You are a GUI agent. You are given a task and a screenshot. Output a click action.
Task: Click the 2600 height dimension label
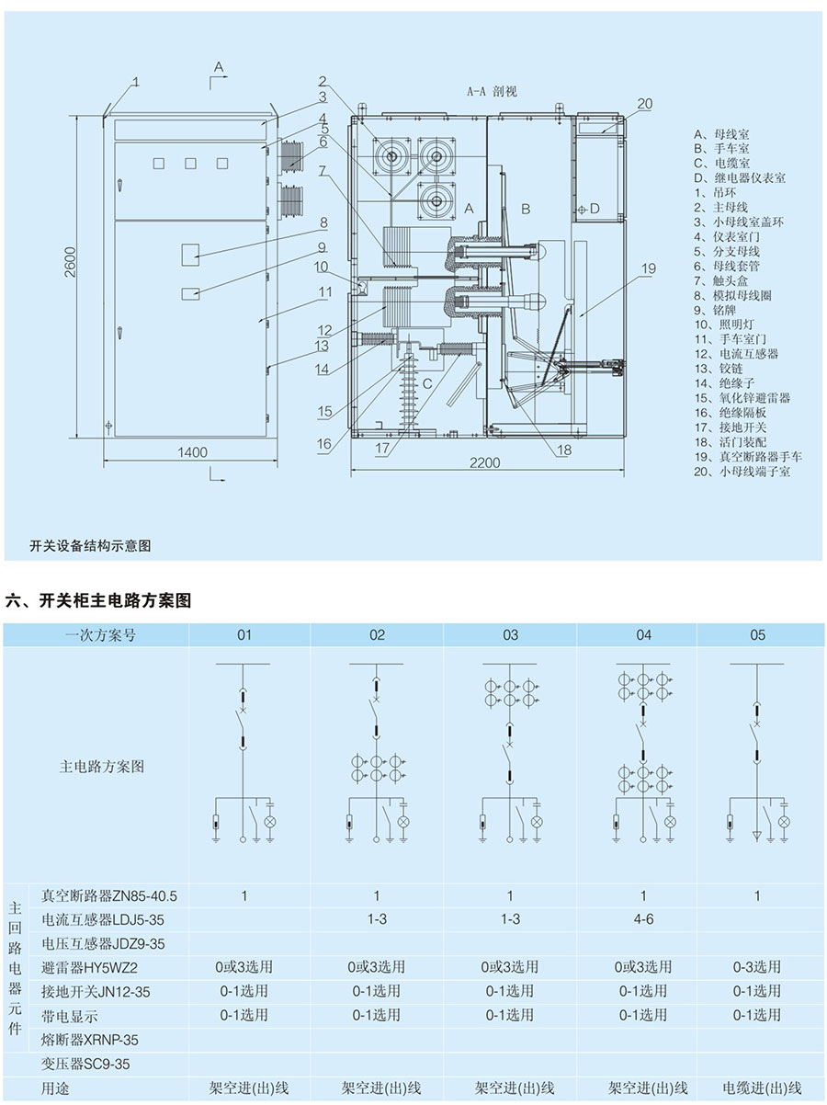(x=70, y=262)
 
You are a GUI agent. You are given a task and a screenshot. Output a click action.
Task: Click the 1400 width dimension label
(x=193, y=452)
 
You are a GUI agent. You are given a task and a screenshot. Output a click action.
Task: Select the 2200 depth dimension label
(x=485, y=462)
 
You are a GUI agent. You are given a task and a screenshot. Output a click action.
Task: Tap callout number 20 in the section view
(x=645, y=104)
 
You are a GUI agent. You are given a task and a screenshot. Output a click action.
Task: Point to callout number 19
(x=649, y=268)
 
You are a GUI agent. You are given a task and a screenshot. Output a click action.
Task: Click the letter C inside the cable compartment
(x=427, y=383)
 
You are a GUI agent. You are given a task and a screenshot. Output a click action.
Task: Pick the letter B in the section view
(x=526, y=209)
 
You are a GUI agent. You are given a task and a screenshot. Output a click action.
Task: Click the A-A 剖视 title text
(x=492, y=91)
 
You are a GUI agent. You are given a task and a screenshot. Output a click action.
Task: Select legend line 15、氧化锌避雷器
(x=742, y=398)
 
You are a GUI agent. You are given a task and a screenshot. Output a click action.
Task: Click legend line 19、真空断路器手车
(x=748, y=457)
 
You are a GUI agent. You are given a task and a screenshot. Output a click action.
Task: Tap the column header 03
(x=510, y=635)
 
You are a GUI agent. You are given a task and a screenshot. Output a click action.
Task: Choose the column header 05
(x=757, y=635)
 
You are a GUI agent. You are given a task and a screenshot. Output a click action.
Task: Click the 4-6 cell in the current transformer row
(x=643, y=919)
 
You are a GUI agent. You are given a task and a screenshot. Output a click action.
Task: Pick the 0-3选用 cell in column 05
(x=757, y=966)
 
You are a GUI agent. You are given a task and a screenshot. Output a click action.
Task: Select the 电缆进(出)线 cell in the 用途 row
(x=762, y=1088)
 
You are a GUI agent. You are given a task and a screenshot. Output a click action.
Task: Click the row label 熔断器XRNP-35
(x=90, y=1040)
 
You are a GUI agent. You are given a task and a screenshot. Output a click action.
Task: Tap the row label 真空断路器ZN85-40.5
(x=109, y=895)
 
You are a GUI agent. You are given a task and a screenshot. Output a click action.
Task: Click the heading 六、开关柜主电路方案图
(x=98, y=600)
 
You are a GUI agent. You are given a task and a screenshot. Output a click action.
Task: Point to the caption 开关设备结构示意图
(x=90, y=546)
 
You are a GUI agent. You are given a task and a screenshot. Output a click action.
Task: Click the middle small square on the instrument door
(x=190, y=163)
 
